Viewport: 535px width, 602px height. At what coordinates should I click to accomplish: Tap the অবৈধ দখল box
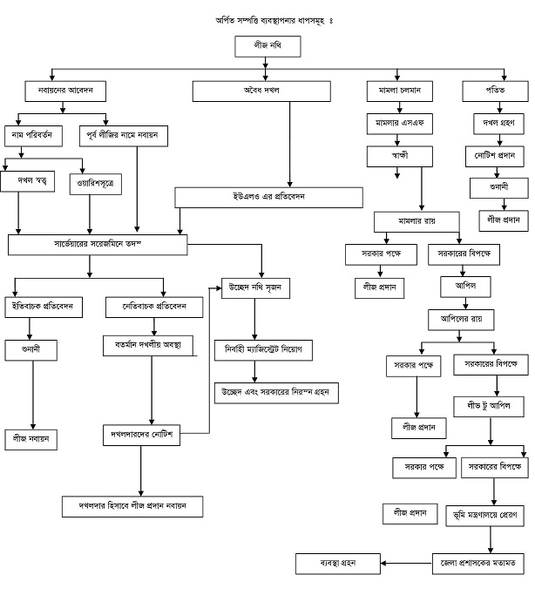(x=267, y=91)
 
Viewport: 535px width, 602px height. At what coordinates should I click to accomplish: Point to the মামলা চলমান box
(x=397, y=91)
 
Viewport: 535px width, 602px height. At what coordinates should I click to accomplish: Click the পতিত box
(x=494, y=91)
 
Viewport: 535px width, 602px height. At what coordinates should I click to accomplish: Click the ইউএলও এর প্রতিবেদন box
(x=268, y=198)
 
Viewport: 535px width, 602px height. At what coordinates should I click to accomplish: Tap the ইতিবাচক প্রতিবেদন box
(x=48, y=307)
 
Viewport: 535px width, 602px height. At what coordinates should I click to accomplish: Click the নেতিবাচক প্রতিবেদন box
(x=155, y=307)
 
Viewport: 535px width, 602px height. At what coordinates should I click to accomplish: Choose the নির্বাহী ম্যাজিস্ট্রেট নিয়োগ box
(x=263, y=350)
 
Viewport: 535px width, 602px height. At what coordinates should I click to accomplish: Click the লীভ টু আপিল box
(x=487, y=405)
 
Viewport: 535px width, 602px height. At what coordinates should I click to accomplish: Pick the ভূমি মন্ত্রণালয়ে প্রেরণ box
(x=485, y=515)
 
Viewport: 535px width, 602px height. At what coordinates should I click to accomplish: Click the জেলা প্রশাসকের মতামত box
(x=478, y=562)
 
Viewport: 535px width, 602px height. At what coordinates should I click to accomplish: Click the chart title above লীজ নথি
(x=267, y=19)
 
